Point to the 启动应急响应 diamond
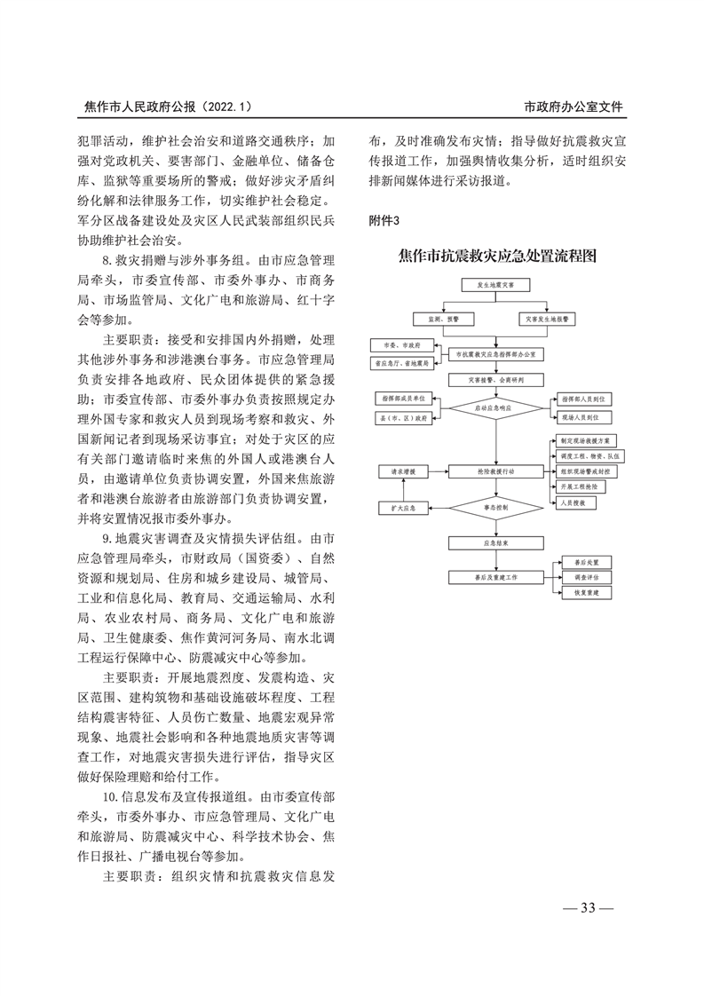pos(495,408)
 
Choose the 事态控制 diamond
pos(495,508)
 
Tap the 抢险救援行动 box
pos(495,470)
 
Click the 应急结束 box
pos(495,542)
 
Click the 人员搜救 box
pos(578,503)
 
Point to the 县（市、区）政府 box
pos(403,416)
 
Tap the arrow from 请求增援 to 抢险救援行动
pos(439,470)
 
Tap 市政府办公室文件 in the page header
pos(573,107)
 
